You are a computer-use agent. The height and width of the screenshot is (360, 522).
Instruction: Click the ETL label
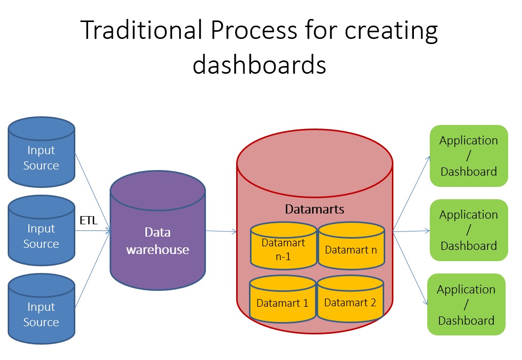click(88, 221)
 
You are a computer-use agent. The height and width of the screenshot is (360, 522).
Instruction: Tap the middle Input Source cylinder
click(41, 233)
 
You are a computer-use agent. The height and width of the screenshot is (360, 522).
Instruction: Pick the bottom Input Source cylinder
click(41, 311)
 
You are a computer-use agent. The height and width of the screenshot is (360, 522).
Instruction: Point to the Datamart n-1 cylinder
click(283, 249)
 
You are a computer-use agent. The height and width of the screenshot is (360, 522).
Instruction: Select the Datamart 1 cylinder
click(282, 302)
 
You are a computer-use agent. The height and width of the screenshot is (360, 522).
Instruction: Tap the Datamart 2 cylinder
click(350, 302)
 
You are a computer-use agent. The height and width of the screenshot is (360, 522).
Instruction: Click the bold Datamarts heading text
click(315, 209)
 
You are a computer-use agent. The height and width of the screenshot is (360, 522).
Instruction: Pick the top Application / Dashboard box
click(469, 156)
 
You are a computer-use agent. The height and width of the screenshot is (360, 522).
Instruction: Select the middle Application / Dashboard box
click(469, 230)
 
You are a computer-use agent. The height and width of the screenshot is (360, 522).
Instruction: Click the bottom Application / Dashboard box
click(466, 305)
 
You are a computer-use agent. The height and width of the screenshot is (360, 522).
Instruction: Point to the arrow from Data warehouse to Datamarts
click(221, 231)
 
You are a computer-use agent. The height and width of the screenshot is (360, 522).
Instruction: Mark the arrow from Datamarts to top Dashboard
click(412, 193)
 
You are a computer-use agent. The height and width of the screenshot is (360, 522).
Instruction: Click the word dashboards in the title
click(260, 66)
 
